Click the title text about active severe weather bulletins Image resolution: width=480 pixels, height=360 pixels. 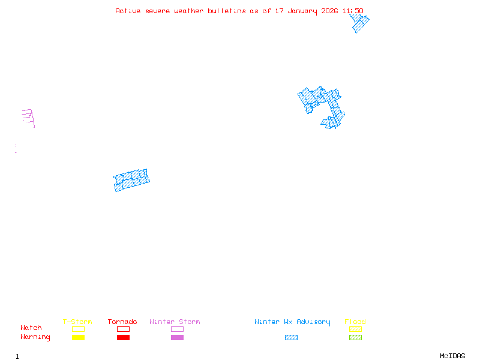pyautogui.click(x=239, y=11)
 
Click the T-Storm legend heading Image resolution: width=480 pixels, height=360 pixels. pyautogui.click(x=77, y=322)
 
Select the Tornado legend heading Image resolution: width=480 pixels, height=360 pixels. pyautogui.click(x=122, y=322)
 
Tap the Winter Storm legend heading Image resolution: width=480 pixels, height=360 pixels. pyautogui.click(x=175, y=322)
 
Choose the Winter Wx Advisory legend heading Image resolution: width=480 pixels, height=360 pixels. pyautogui.click(x=292, y=322)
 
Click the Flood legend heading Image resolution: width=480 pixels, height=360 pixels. pyautogui.click(x=355, y=322)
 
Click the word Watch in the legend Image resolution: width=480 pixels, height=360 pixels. pyautogui.click(x=31, y=328)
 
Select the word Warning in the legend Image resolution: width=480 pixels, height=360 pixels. pyautogui.click(x=35, y=337)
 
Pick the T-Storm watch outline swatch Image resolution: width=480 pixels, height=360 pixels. pyautogui.click(x=78, y=329)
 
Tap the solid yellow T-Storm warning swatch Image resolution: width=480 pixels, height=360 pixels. pyautogui.click(x=78, y=337)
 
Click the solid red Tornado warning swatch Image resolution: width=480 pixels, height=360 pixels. pyautogui.click(x=123, y=337)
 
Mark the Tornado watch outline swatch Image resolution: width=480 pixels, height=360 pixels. pyautogui.click(x=123, y=329)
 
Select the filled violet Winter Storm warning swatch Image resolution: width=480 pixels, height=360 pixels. pyautogui.click(x=177, y=337)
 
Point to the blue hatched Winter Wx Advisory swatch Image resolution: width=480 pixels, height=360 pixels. pyautogui.click(x=291, y=337)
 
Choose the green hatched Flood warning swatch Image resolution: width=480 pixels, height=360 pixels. pyautogui.click(x=355, y=337)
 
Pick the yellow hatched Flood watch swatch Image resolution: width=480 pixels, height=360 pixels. pyautogui.click(x=355, y=329)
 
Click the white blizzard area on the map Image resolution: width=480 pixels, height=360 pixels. pyautogui.click(x=22, y=135)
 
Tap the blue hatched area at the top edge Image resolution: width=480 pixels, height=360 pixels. pyautogui.click(x=359, y=23)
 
